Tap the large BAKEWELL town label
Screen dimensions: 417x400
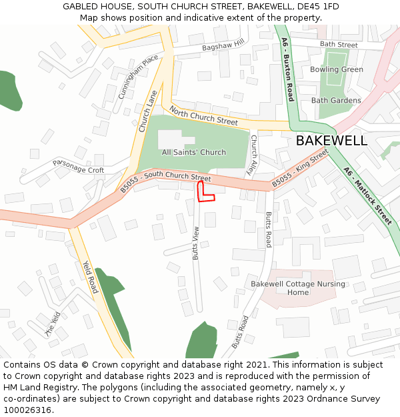pyautogui.click(x=331, y=141)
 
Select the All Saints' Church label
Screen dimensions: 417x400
pyautogui.click(x=194, y=152)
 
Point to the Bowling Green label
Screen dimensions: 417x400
pyautogui.click(x=337, y=69)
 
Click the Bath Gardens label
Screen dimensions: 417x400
pyautogui.click(x=336, y=101)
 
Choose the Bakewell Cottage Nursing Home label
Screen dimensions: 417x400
pyautogui.click(x=298, y=288)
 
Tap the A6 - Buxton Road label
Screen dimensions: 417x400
pyautogui.click(x=287, y=70)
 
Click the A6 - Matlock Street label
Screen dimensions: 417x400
pyautogui.click(x=367, y=195)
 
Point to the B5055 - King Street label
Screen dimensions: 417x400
pyautogui.click(x=300, y=168)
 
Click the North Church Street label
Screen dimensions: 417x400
pyautogui.click(x=203, y=115)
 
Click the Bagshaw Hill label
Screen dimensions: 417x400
pyautogui.click(x=223, y=45)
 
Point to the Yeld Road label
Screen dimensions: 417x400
pyautogui.click(x=90, y=276)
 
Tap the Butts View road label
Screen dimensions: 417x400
pyautogui.click(x=196, y=243)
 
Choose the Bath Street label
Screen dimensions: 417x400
pyautogui.click(x=339, y=45)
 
